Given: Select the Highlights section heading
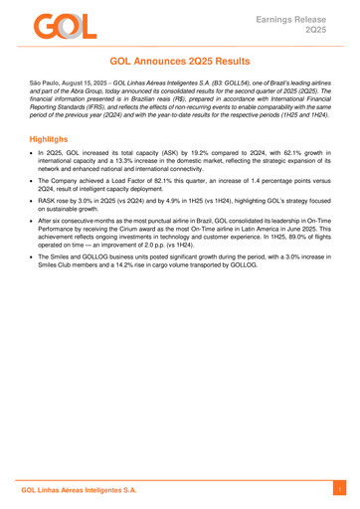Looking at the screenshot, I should pos(47,142).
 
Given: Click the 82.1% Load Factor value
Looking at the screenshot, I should pos(142,192).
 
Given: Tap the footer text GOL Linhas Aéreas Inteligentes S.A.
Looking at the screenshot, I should pos(80,490).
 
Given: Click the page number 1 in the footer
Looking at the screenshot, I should pos(339,490).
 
